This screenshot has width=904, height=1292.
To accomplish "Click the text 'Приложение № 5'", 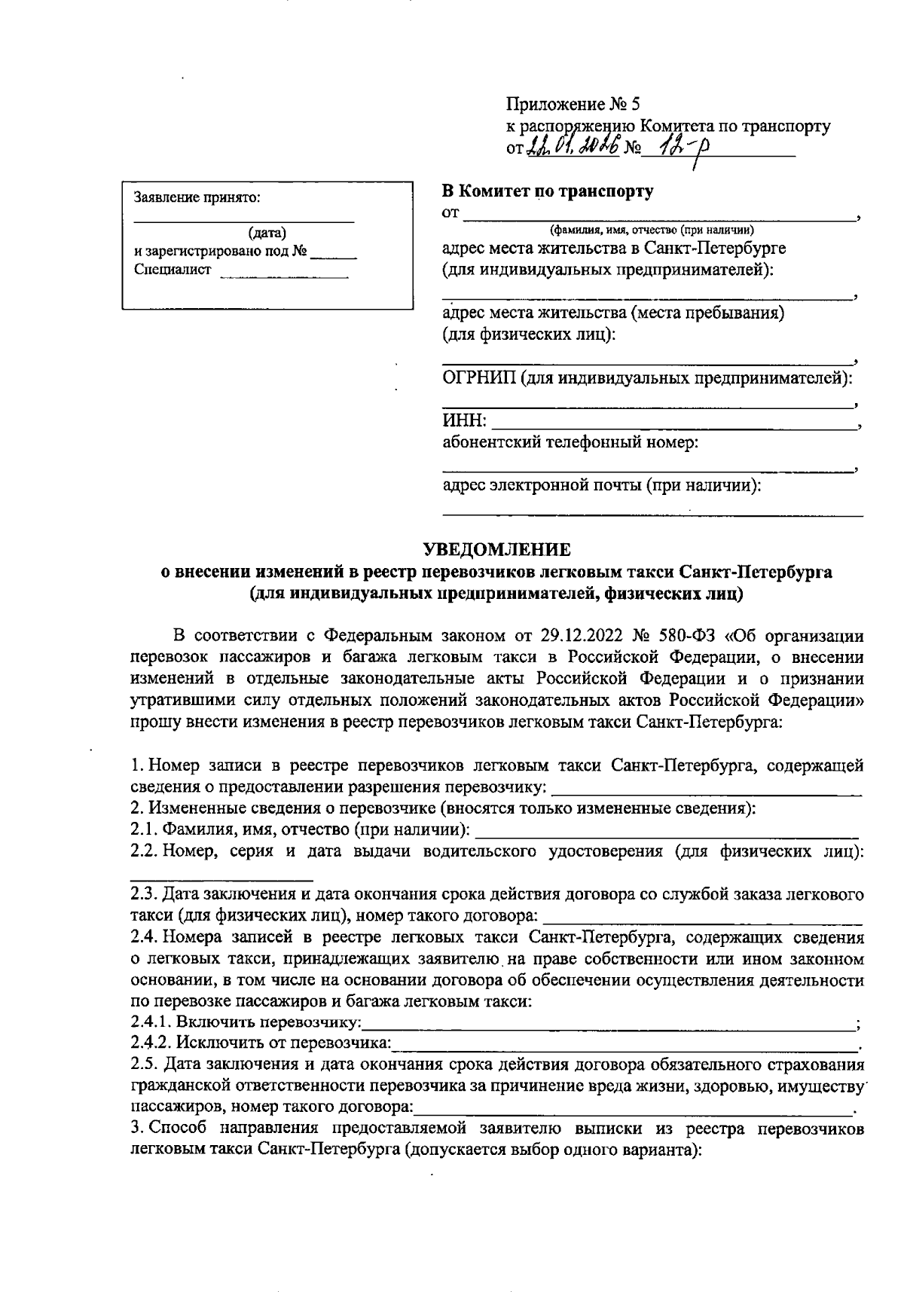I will point(573,104).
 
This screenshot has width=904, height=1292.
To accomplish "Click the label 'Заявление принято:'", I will point(197,198).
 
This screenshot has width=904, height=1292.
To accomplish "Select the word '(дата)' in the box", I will point(267,234).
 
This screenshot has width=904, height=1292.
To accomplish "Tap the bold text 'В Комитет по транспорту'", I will point(548,191).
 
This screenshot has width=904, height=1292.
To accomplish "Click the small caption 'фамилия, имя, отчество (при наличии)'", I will point(652,230).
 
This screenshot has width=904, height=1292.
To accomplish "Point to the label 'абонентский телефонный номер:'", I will point(570,442).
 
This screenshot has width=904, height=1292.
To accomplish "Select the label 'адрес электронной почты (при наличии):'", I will point(602,486).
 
